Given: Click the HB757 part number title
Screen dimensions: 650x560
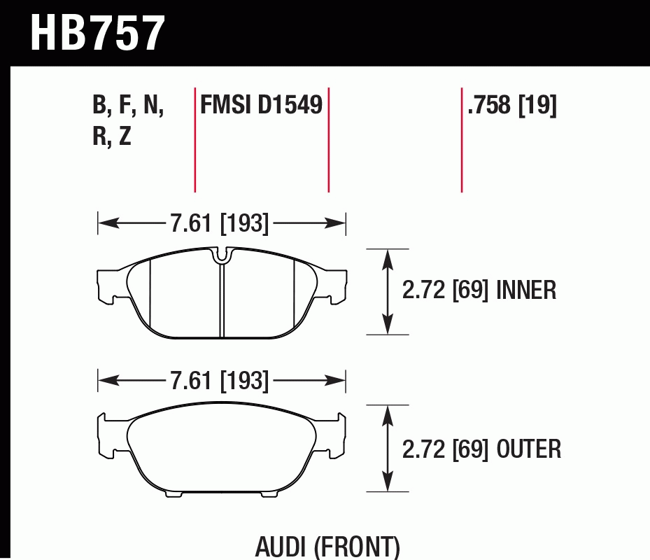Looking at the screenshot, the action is (98, 33).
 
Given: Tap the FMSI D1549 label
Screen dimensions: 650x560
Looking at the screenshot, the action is (261, 104).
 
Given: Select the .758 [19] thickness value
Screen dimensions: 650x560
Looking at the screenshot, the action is (512, 106).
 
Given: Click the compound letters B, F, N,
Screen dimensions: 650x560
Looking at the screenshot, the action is (128, 105).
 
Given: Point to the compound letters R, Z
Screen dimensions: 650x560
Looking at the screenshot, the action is (112, 135).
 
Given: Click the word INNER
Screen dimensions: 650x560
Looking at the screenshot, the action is (526, 290).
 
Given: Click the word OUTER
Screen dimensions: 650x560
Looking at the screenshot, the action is (528, 449).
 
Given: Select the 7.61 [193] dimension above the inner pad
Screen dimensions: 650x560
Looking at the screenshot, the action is (220, 223).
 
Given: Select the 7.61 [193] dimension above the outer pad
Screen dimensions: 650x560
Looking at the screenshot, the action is (220, 380).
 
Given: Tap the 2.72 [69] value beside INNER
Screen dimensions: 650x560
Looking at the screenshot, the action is (445, 290).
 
